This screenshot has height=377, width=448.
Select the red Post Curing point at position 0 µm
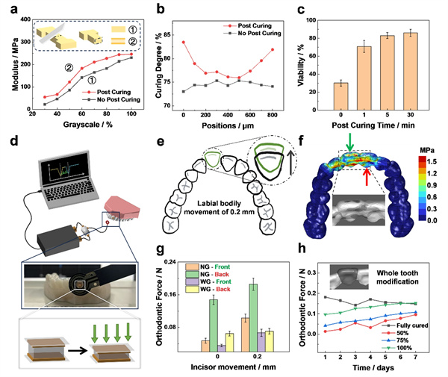[x=183, y=42]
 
